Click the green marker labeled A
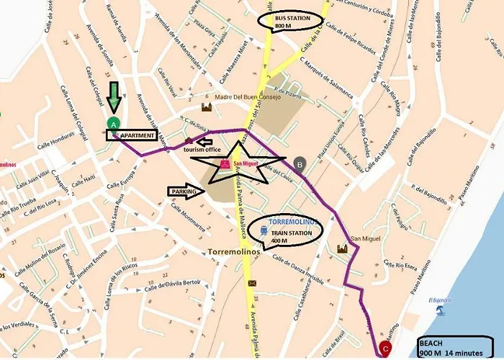[113, 124]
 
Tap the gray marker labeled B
[300, 163]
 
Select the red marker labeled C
[385, 349]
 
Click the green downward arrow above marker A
[113, 97]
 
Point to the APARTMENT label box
[136, 135]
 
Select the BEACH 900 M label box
[458, 347]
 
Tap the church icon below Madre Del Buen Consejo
[207, 107]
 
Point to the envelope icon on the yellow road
[252, 284]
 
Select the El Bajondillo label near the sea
[439, 300]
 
